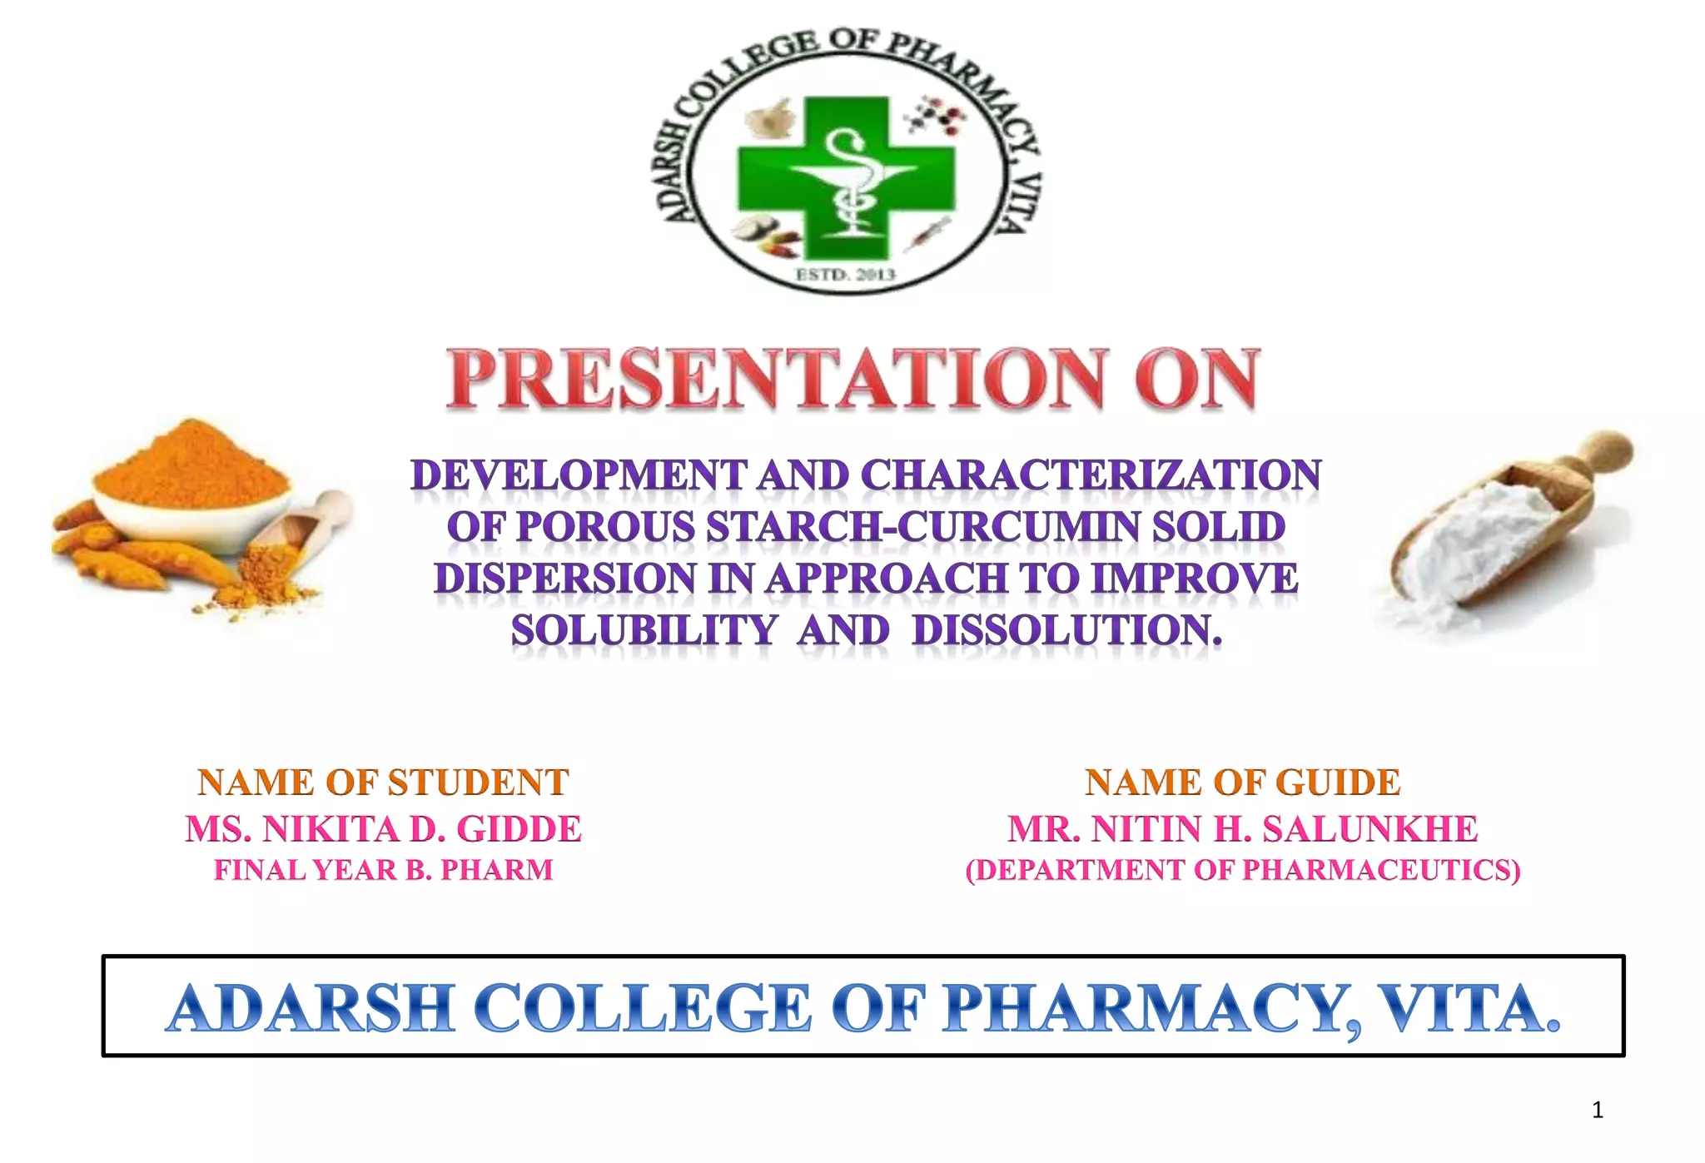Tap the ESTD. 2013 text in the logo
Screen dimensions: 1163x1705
(845, 274)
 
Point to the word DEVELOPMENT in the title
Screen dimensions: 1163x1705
(578, 476)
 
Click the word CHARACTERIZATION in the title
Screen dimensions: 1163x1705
(1090, 476)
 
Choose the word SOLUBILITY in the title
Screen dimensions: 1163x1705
(644, 630)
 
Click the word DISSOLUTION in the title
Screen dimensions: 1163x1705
(1066, 630)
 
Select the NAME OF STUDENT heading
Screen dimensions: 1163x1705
(383, 783)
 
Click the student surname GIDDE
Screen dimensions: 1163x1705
(519, 829)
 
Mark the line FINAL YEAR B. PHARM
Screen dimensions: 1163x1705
(383, 870)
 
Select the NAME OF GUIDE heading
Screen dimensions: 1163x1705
(1242, 783)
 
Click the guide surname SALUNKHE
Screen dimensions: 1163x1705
(1369, 829)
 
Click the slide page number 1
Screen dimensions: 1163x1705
(1597, 1110)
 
